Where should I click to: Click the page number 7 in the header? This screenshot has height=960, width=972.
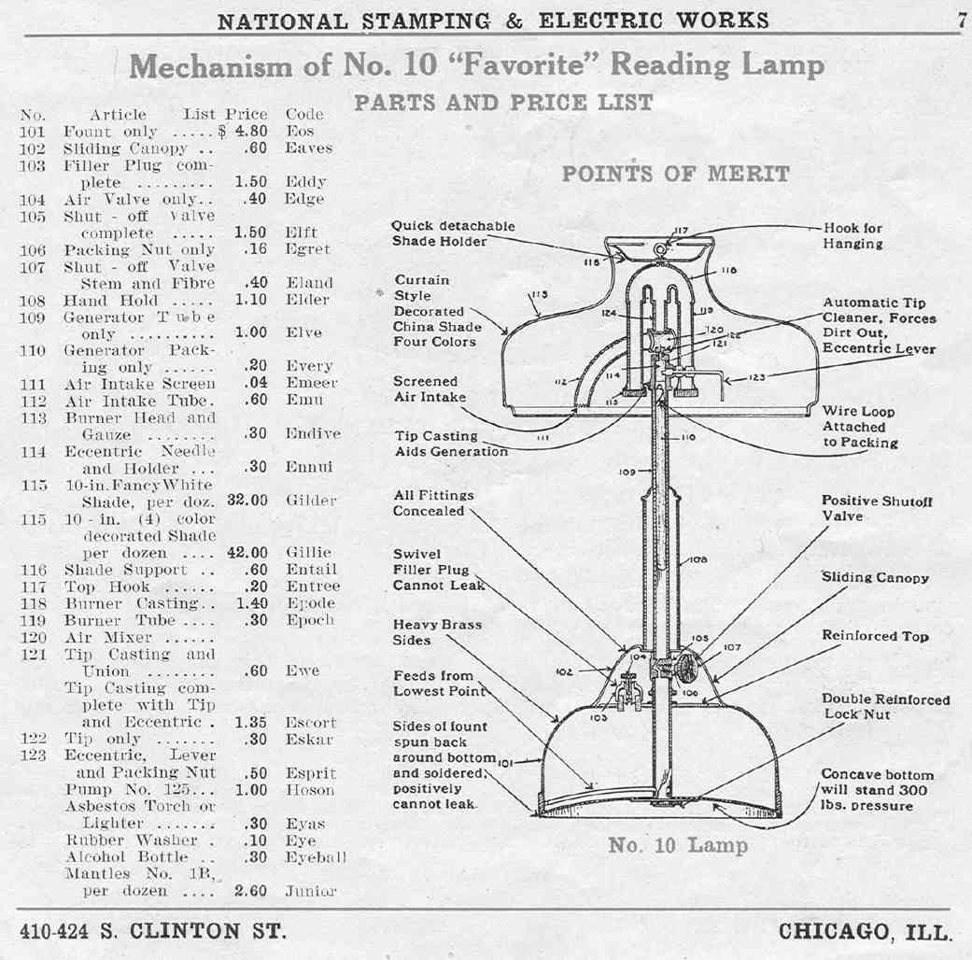click(962, 19)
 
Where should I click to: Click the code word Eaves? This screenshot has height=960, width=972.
click(308, 148)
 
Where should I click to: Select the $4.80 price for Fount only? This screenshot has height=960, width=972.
click(246, 132)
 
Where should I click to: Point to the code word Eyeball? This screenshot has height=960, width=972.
click(316, 856)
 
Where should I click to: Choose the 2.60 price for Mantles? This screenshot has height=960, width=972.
click(251, 891)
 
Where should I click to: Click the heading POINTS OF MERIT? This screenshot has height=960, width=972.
click(675, 174)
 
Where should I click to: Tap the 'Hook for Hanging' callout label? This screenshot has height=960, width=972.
click(852, 235)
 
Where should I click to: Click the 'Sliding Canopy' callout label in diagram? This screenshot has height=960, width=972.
click(875, 577)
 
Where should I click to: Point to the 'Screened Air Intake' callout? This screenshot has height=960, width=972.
click(426, 388)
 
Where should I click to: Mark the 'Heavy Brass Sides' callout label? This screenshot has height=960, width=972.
click(437, 631)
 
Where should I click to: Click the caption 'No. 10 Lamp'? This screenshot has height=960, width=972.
click(678, 846)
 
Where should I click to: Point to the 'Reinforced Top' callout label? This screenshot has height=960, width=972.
click(875, 636)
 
